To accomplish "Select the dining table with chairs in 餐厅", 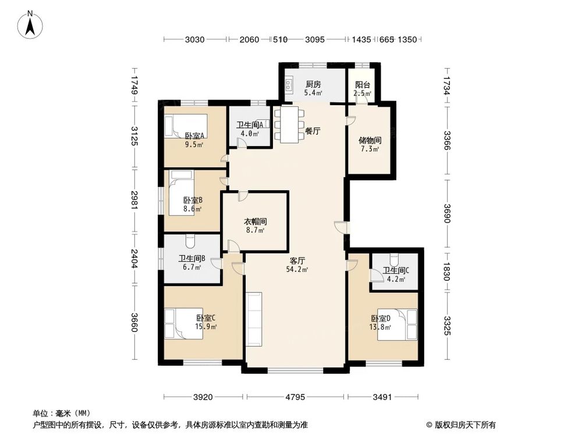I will [285, 124].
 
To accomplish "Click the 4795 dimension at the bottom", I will [296, 398].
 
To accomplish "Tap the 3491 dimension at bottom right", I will [383, 398].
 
